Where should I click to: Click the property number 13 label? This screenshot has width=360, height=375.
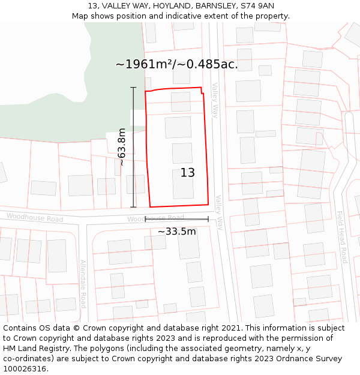click(x=188, y=173)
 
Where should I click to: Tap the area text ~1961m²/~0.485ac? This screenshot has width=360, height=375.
click(x=176, y=65)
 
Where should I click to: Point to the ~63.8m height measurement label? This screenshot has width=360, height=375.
click(x=121, y=147)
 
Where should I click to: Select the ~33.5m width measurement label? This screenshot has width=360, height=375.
click(x=176, y=231)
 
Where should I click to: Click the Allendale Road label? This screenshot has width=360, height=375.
click(x=83, y=283)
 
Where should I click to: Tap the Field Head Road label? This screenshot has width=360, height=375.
click(x=341, y=237)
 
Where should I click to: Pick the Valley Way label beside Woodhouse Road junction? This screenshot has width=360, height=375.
click(x=219, y=212)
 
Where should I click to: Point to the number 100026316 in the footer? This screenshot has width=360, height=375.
click(x=26, y=369)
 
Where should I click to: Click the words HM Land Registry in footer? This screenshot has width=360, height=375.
click(x=34, y=349)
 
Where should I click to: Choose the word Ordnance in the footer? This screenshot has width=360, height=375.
click(x=281, y=359)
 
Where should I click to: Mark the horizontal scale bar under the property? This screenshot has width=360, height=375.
click(x=176, y=220)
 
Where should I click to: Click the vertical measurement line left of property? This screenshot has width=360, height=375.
click(x=133, y=147)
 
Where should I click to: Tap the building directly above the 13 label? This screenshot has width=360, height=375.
click(x=182, y=153)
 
